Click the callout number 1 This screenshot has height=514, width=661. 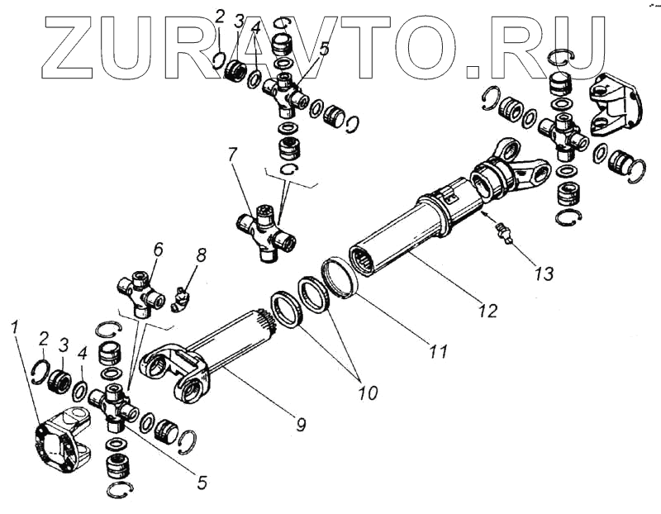coord(15,328)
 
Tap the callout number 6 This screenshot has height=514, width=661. coord(158,248)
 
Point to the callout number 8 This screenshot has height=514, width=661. coord(201,255)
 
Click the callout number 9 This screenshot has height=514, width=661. coord(301,426)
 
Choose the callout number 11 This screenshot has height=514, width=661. coord(438,351)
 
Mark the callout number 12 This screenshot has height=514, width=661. coord(487,311)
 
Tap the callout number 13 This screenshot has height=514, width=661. coord(543,272)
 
